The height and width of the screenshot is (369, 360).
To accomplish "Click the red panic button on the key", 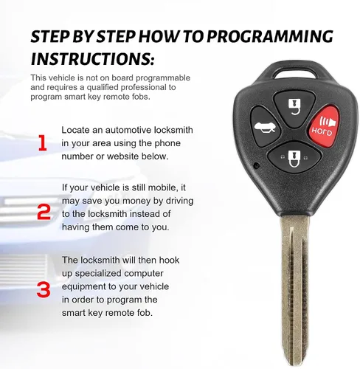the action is point(323,125).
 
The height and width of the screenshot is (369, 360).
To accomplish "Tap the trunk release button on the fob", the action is point(265,126).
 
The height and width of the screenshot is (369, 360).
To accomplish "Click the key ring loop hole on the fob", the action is point(294,73).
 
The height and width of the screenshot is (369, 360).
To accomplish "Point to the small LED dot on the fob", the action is point(257,165).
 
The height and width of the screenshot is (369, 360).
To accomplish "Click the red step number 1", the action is point(43,143).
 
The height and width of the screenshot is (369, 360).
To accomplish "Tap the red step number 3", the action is point(44,289).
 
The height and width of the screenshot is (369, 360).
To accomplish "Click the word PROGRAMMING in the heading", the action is point(270,37).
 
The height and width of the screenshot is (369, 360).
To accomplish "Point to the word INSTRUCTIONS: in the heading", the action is point(93,59).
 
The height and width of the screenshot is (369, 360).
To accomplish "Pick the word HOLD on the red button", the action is point(322,131).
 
